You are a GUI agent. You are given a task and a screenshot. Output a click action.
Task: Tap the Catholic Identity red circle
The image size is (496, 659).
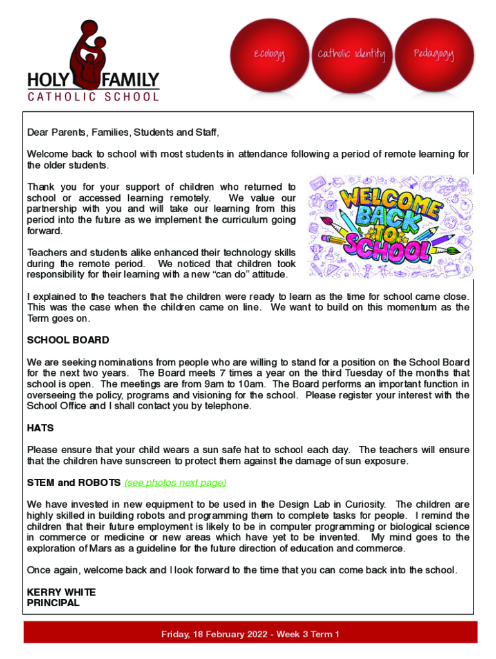coord(351,55)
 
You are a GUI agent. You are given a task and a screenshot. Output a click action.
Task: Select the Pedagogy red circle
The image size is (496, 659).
coord(433,55)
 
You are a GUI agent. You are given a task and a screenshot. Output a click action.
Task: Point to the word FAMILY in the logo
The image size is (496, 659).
coord(130,81)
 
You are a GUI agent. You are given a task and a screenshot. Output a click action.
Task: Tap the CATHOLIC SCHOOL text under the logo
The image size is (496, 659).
coord(93,97)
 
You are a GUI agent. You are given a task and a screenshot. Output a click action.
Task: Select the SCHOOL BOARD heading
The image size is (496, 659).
coord(68,340)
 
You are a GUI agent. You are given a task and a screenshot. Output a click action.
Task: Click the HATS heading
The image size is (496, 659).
coord(40,428)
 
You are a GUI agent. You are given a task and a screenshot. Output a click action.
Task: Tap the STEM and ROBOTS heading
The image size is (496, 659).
coord(73,483)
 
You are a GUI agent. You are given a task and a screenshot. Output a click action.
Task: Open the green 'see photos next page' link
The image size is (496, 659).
coord(175,483)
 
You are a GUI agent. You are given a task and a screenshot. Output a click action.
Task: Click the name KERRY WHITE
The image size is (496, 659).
coord(61,592)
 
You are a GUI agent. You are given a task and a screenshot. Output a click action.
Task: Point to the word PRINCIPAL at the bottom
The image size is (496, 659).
coord(53,603)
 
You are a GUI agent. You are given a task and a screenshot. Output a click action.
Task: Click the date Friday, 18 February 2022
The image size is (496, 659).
coord(215,635)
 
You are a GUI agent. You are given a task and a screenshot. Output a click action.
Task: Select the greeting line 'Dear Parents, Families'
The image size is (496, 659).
coord(122,133)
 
